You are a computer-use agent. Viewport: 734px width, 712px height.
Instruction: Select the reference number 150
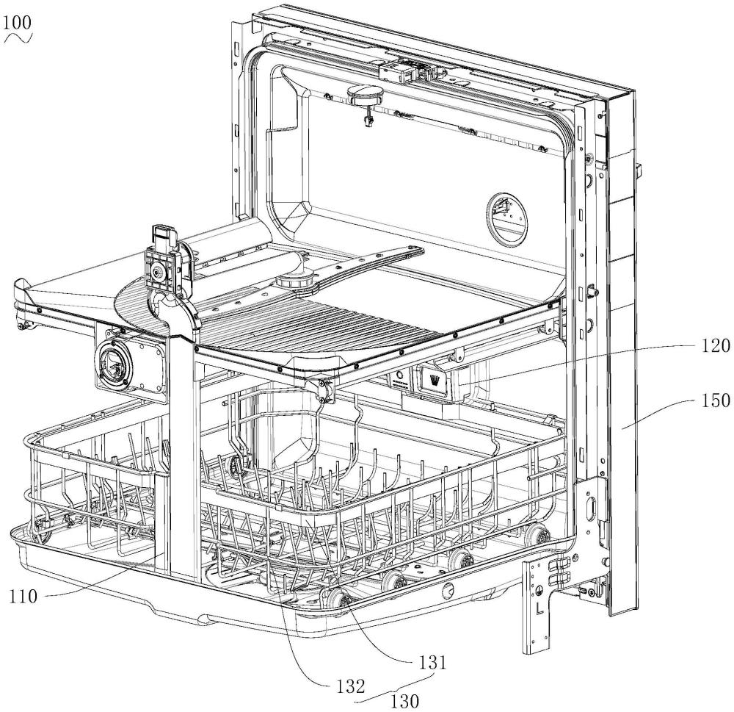[x=713, y=400]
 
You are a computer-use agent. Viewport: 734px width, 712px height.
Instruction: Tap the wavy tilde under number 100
[x=18, y=37]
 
